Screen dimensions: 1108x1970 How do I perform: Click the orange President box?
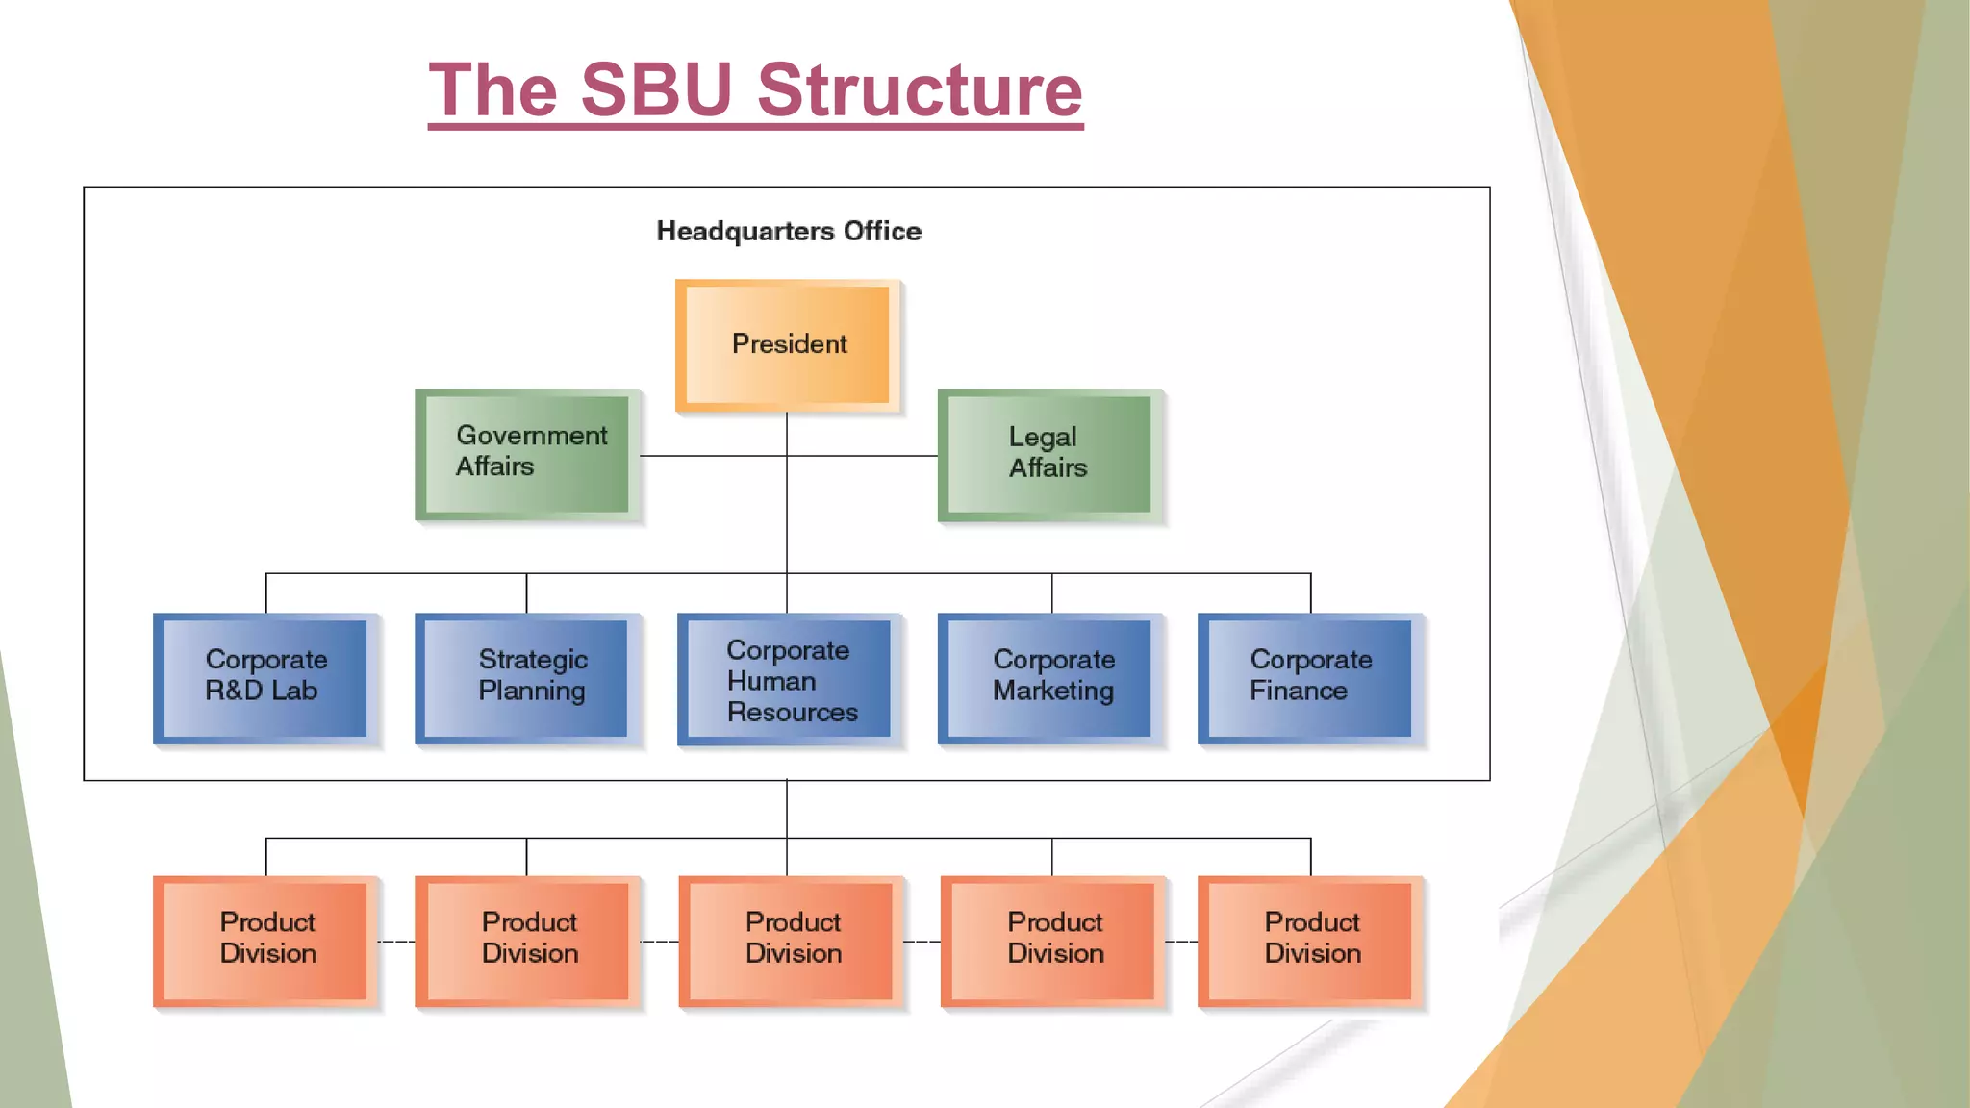tap(788, 345)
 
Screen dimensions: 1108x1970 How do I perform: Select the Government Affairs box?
tap(527, 454)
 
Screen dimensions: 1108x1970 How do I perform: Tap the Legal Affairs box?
tap(1049, 454)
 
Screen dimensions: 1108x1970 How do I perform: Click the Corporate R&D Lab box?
tap(265, 678)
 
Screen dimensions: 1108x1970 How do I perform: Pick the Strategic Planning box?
tap(527, 678)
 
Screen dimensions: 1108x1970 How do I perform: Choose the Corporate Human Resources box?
tap(789, 679)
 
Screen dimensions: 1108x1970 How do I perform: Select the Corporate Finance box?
tap(1310, 678)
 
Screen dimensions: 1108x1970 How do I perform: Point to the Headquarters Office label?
tap(789, 232)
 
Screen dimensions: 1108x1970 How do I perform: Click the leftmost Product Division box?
tap(265, 941)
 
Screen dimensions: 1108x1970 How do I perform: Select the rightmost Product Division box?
tap(1310, 941)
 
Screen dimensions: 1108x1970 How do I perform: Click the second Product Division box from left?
tap(527, 941)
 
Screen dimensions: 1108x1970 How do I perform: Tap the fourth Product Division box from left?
tap(1052, 941)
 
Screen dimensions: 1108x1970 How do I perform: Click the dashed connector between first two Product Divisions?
tap(396, 942)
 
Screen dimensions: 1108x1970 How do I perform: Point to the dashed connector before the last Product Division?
tap(1181, 942)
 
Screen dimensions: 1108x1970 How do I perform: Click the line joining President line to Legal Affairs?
tap(862, 456)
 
